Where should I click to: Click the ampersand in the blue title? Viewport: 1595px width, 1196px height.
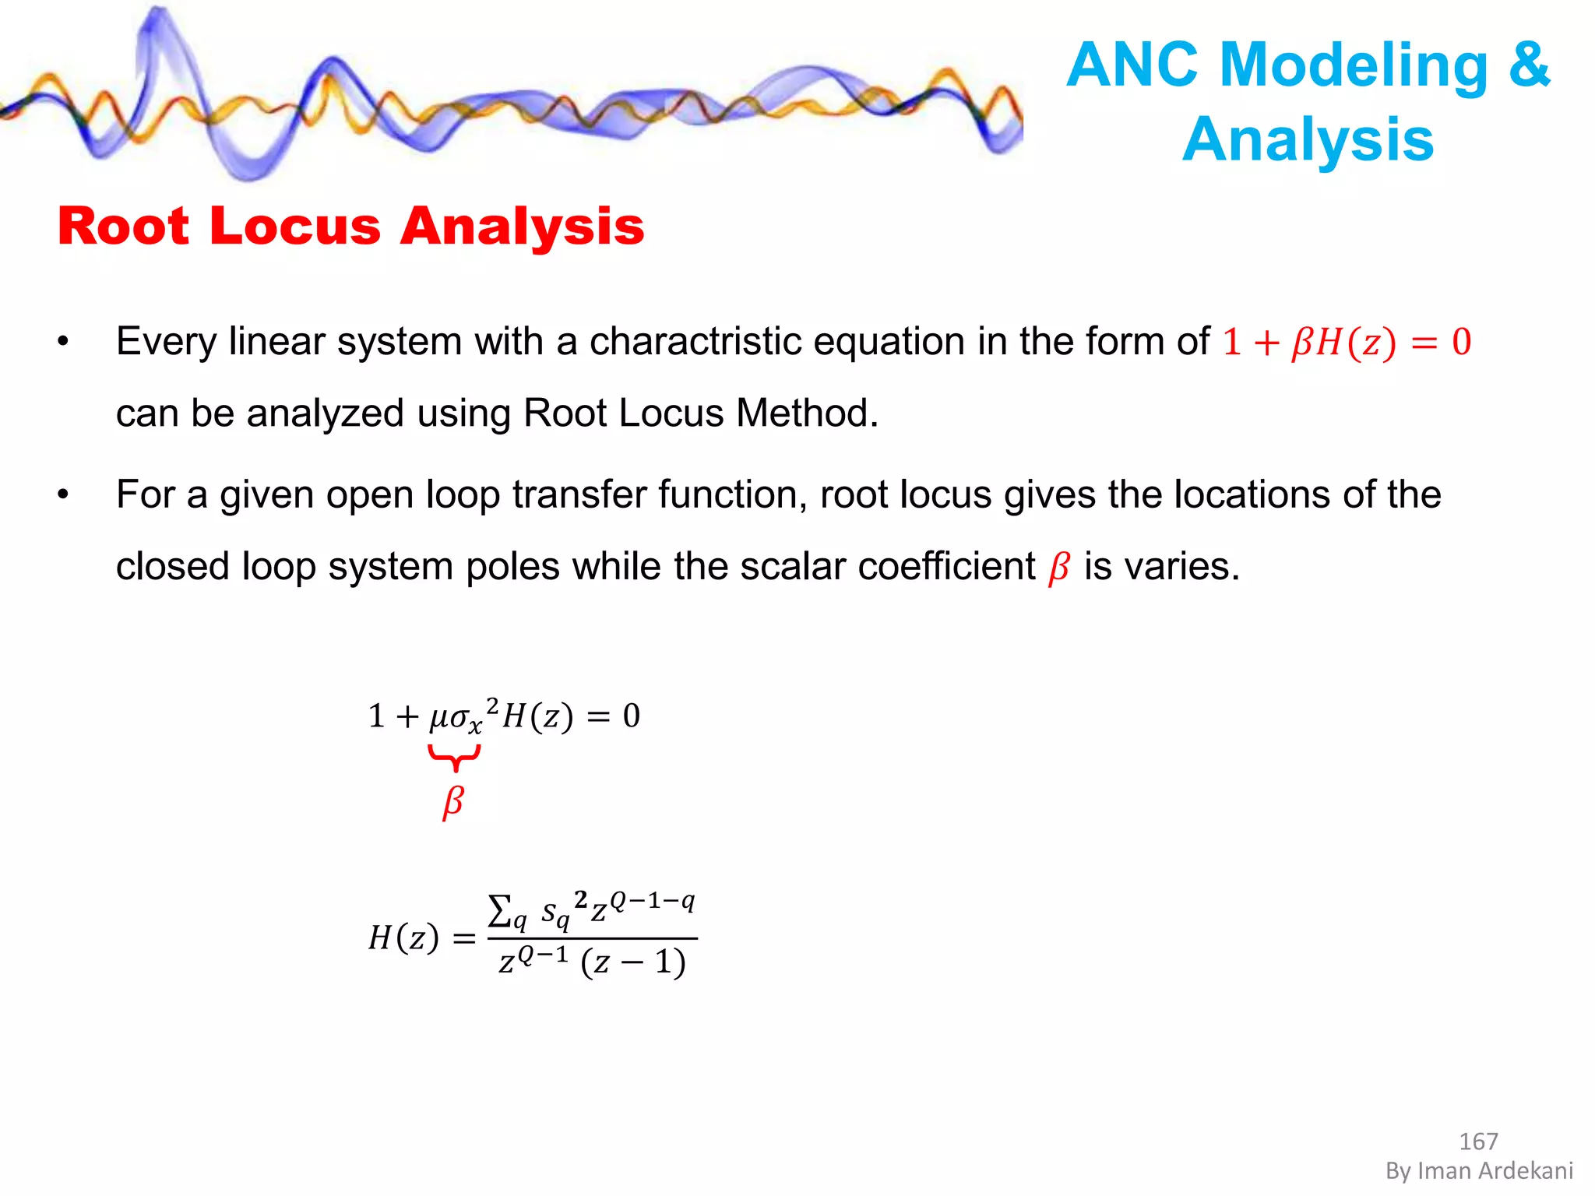tap(1529, 65)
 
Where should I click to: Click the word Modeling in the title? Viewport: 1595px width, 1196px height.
tap(1354, 65)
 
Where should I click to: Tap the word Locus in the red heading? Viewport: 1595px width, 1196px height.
tap(296, 227)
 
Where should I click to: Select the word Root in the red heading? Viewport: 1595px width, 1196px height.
tap(123, 227)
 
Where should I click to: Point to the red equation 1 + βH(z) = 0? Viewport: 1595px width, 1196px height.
tap(1347, 343)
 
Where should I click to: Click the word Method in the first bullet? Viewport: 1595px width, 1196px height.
tap(806, 413)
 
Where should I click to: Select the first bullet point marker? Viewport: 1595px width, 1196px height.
tap(64, 342)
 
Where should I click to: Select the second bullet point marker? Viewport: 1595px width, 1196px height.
tap(64, 494)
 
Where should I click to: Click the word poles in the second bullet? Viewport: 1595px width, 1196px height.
tap(512, 566)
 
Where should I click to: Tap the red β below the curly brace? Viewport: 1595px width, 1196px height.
tap(453, 802)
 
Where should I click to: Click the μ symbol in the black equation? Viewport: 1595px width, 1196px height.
tap(438, 717)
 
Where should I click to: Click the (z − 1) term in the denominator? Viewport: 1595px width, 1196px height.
tap(633, 962)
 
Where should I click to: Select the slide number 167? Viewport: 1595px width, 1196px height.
tap(1478, 1141)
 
